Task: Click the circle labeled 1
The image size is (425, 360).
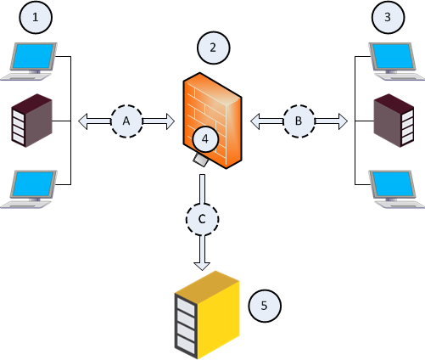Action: point(36,18)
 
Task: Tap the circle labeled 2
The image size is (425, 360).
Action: point(213,48)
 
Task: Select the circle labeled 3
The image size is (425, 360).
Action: point(388,18)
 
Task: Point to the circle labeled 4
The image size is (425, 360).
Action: point(205,139)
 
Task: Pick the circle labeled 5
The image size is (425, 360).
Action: point(265,306)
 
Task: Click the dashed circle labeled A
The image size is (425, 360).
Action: point(126,121)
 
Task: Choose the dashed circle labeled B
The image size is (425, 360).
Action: point(299,121)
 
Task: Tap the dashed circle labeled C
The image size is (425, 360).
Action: point(202,219)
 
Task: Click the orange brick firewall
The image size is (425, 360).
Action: point(212,121)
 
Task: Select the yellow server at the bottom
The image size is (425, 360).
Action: point(207,315)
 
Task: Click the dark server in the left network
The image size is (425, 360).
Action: point(31,121)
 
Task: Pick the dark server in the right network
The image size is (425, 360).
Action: point(394,121)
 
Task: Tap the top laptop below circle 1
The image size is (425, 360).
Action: point(29,61)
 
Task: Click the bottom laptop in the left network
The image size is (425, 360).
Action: point(29,189)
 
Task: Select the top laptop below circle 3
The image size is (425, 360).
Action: point(396,61)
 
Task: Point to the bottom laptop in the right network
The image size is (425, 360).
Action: point(396,189)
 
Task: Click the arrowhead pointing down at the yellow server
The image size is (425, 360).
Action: point(202,266)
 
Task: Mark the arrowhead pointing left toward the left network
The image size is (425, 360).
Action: point(82,121)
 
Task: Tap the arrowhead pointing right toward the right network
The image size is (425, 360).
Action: point(344,121)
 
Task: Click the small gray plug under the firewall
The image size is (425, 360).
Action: point(200,160)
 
